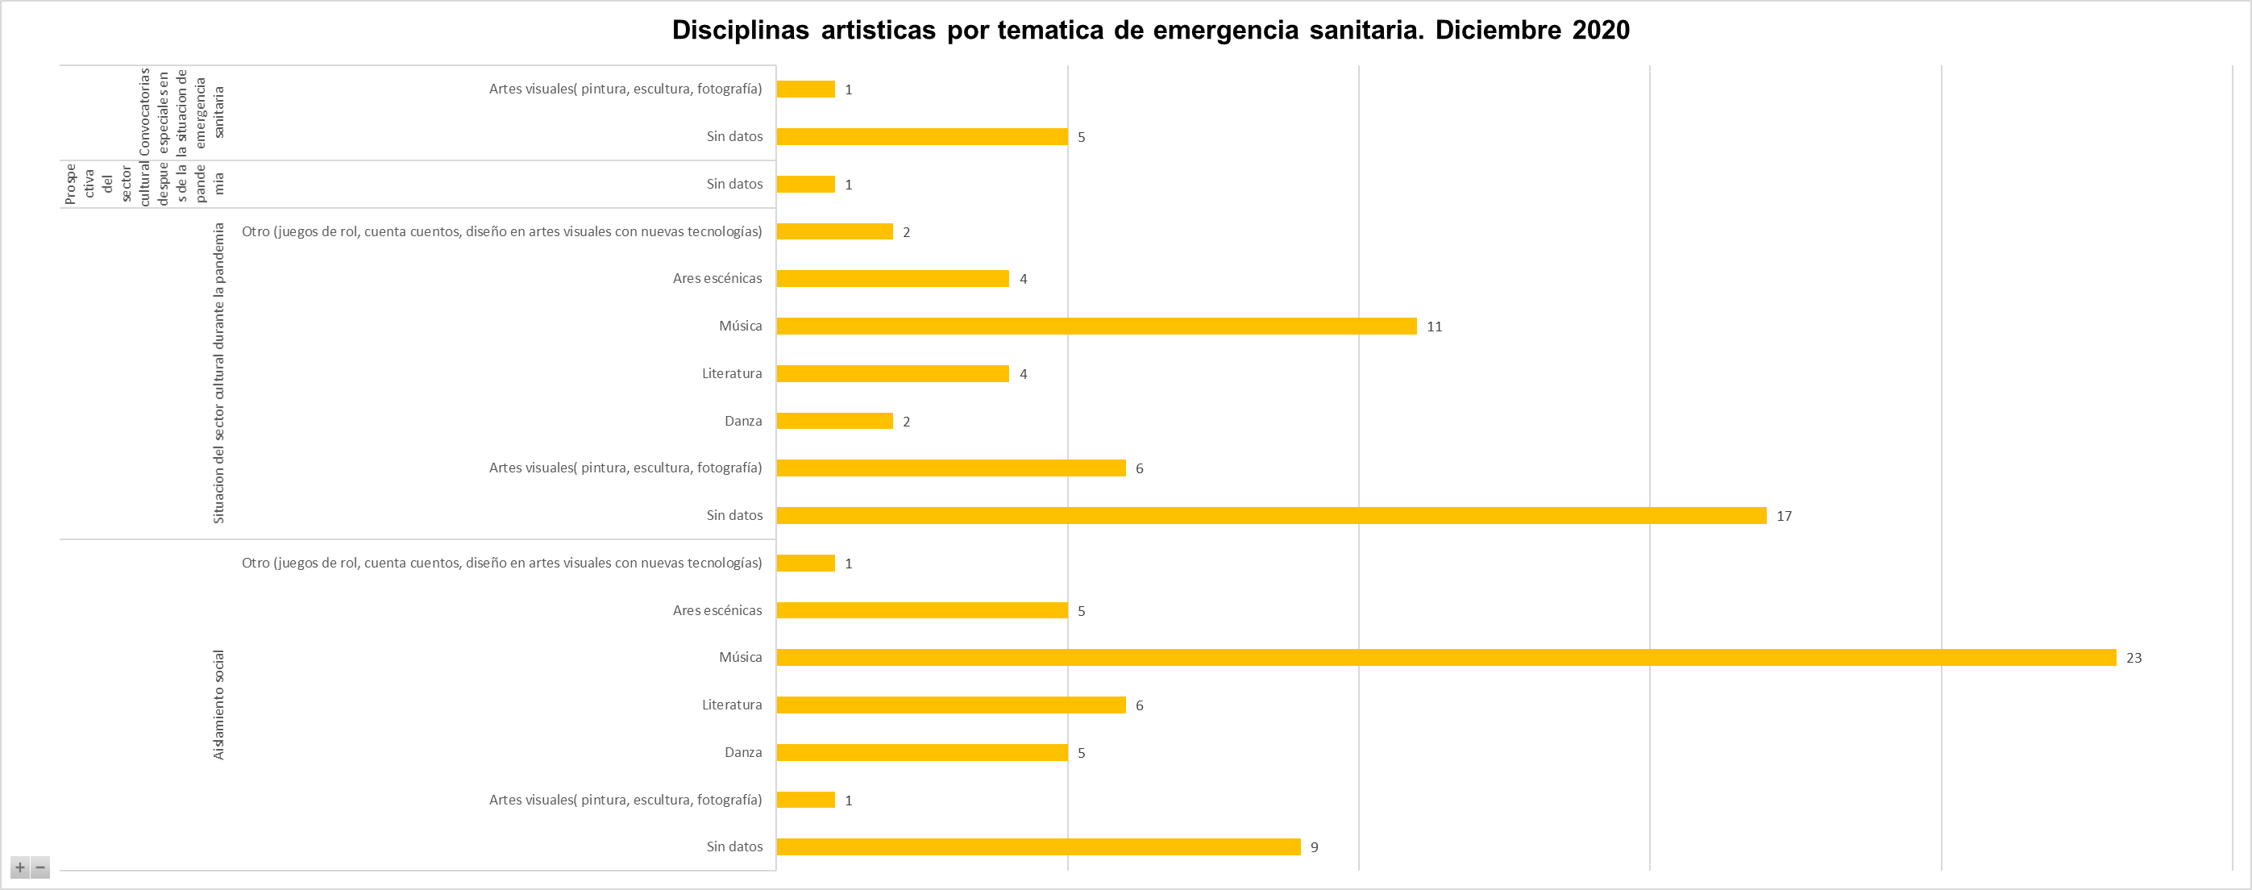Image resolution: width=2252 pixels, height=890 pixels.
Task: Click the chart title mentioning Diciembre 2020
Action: point(1149,31)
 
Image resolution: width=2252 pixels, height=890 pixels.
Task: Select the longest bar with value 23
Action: point(1446,658)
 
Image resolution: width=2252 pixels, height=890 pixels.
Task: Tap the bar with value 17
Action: point(1271,516)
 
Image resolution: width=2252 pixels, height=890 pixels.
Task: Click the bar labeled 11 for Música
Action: point(1096,326)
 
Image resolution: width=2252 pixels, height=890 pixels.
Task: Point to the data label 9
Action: point(1314,847)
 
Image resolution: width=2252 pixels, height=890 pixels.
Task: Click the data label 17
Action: point(1784,517)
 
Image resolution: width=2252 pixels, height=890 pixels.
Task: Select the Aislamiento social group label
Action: point(218,705)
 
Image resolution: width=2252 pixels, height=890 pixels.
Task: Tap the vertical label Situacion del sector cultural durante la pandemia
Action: point(218,373)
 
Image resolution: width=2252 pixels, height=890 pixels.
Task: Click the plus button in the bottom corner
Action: point(20,867)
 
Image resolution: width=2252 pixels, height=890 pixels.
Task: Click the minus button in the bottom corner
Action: point(40,867)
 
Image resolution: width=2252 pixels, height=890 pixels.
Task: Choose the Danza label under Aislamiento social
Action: point(742,753)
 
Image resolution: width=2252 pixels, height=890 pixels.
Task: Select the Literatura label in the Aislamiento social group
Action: point(731,705)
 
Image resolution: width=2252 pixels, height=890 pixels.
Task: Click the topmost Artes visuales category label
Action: point(625,89)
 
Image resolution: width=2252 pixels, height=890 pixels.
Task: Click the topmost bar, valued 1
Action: point(805,89)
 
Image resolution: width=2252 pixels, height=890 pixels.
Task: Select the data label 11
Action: point(1434,327)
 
